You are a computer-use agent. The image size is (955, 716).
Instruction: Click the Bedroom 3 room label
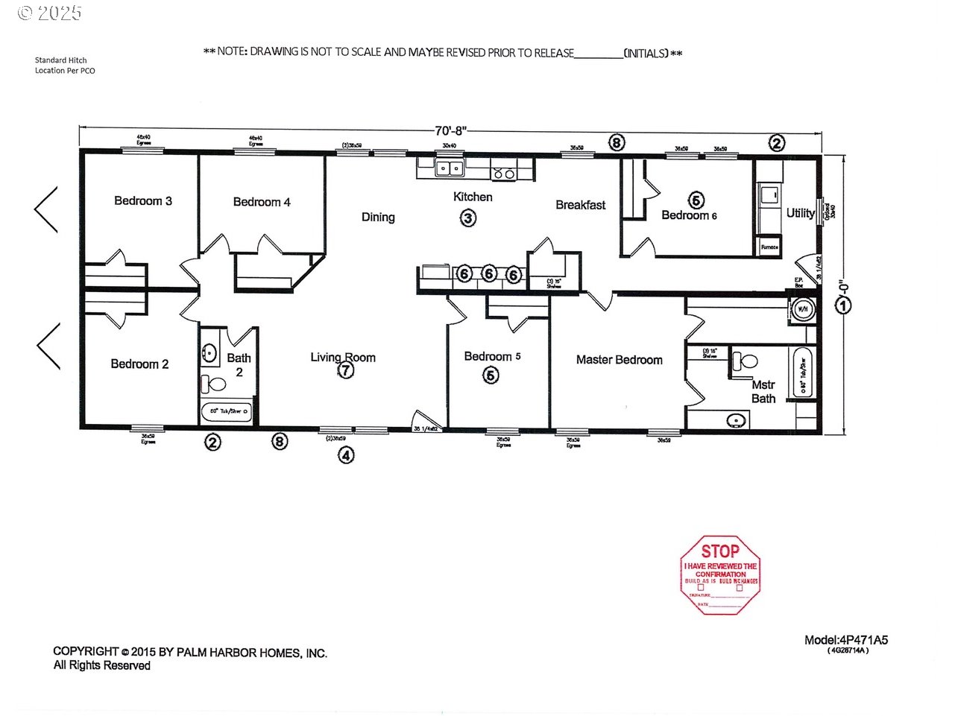pos(143,201)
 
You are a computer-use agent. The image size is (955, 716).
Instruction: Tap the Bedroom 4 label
pos(262,202)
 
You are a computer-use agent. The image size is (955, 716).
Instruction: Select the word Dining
pos(378,218)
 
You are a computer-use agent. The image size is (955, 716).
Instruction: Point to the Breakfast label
pos(580,205)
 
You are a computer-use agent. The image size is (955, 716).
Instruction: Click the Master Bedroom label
pos(619,360)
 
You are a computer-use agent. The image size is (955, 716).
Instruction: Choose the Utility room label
pos(800,213)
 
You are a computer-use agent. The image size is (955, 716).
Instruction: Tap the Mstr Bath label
pos(763,392)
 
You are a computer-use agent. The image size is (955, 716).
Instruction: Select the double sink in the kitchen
pos(450,168)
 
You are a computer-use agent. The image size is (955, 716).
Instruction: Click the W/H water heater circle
pos(803,308)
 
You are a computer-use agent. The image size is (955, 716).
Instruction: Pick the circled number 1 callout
pos(843,305)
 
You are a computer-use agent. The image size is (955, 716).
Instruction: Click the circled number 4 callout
pos(346,454)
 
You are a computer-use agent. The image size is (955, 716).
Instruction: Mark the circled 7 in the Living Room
pos(346,370)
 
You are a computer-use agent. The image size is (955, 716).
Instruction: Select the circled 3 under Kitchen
pos(467,218)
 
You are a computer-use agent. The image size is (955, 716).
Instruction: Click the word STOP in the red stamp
pos(719,551)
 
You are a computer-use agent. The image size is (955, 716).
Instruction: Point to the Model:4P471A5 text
pos(846,640)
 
